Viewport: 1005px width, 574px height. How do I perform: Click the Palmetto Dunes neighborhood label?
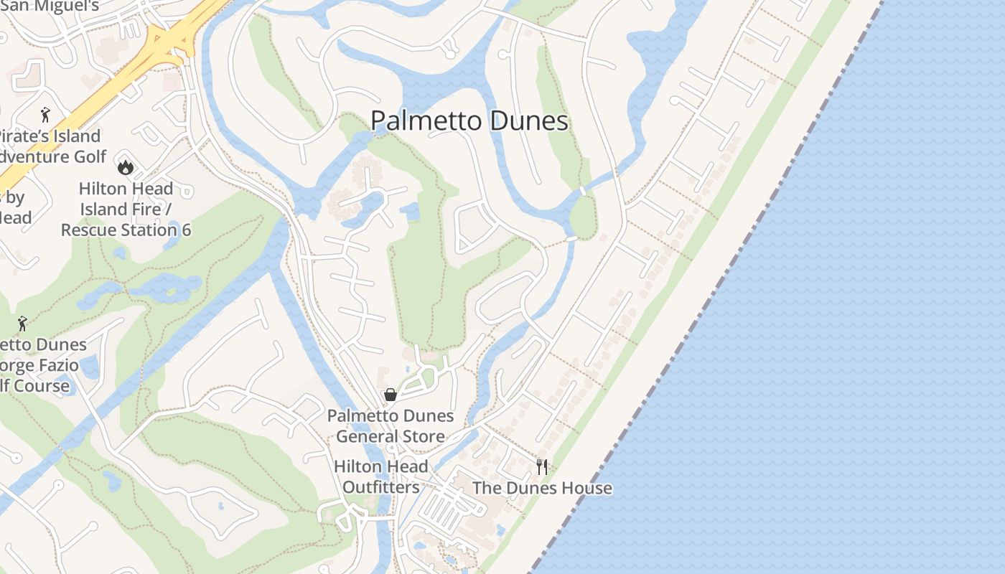point(469,121)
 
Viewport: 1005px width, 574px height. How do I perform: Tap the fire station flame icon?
point(126,168)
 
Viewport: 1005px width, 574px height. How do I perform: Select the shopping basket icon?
point(391,395)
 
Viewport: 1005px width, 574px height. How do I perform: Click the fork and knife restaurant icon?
point(542,467)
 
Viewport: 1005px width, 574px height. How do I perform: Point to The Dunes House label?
point(542,489)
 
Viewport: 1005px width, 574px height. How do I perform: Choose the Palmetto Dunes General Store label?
point(391,425)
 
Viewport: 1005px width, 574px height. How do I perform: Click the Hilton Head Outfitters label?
point(380,476)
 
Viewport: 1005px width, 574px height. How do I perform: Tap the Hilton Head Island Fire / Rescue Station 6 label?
point(126,209)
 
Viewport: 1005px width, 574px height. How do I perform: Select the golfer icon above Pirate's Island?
point(46,114)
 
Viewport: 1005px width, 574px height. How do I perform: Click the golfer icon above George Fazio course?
point(22,323)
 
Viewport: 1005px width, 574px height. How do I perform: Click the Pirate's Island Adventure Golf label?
point(50,146)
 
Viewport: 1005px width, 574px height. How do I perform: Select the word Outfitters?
point(380,487)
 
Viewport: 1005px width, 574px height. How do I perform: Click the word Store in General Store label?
point(423,436)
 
